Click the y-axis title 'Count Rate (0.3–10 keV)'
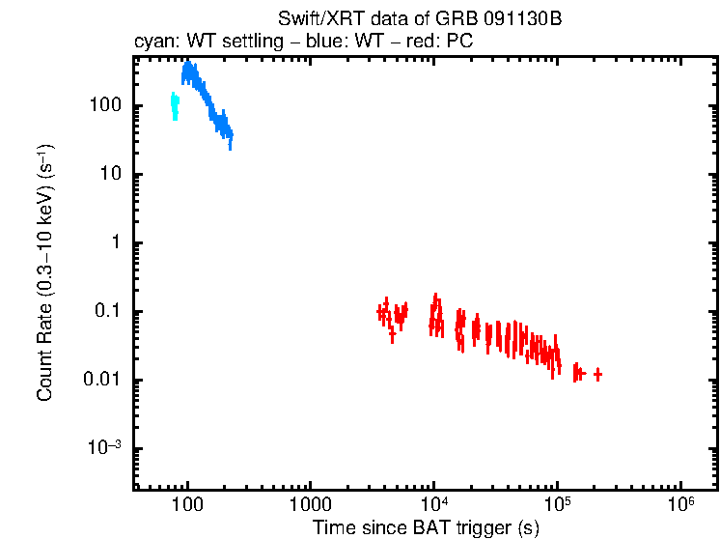click(44, 273)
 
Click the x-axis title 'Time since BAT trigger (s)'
click(425, 527)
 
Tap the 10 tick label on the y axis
click(109, 174)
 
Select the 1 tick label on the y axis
click(114, 242)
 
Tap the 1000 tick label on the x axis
click(311, 505)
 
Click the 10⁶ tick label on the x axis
click(681, 504)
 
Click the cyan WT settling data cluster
click(175, 105)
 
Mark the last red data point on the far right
click(598, 374)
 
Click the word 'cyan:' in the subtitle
click(152, 43)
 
